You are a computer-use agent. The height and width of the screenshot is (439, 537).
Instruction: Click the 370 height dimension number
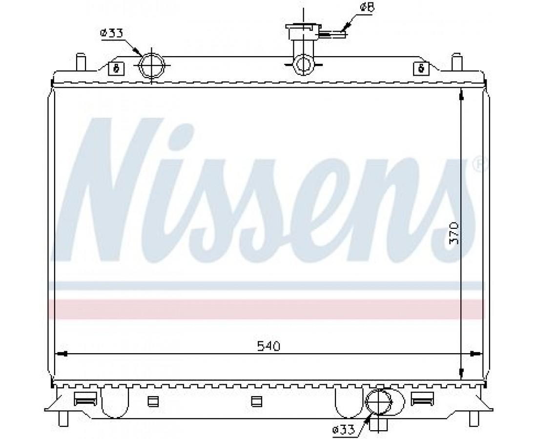454,233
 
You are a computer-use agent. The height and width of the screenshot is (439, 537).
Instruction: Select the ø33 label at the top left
111,33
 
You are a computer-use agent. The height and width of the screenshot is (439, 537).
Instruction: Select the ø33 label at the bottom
343,429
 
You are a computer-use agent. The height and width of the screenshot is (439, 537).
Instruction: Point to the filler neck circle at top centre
304,64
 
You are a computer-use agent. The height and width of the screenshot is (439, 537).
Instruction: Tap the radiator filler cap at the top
304,32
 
